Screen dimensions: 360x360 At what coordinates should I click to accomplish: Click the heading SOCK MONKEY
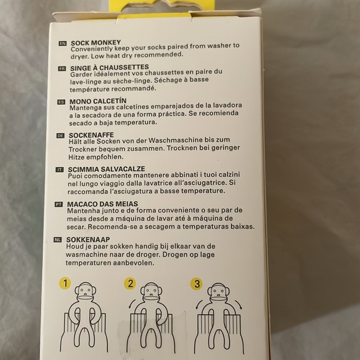pyautogui.click(x=96, y=43)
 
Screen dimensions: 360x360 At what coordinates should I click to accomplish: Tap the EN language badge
pyautogui.click(x=63, y=43)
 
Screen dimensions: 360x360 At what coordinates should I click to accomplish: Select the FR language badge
pyautogui.click(x=62, y=68)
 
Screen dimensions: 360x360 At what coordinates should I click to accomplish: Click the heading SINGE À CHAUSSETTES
pyautogui.click(x=109, y=68)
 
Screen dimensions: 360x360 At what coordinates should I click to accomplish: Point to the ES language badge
pyautogui.click(x=61, y=102)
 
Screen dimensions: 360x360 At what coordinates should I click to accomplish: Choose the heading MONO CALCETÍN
pyautogui.click(x=98, y=101)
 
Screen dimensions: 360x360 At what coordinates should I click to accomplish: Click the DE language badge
pyautogui.click(x=60, y=136)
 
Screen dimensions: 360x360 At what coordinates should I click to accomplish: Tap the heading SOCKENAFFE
pyautogui.click(x=91, y=135)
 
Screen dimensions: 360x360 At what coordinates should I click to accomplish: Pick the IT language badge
pyautogui.click(x=60, y=169)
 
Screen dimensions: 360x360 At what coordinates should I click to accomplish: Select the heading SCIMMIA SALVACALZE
pyautogui.click(x=106, y=169)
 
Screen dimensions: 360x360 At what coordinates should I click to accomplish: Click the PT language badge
pyautogui.click(x=58, y=204)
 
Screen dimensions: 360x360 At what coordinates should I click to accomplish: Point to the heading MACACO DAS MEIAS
pyautogui.click(x=102, y=204)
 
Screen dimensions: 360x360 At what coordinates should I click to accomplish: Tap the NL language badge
pyautogui.click(x=58, y=240)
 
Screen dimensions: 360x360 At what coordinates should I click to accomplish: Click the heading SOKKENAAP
pyautogui.click(x=88, y=240)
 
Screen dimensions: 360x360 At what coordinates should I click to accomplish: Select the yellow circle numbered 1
pyautogui.click(x=65, y=283)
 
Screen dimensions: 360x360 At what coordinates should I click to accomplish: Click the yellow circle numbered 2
pyautogui.click(x=130, y=284)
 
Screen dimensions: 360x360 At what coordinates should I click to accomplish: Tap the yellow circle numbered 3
pyautogui.click(x=197, y=284)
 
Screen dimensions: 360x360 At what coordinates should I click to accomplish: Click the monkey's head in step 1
pyautogui.click(x=86, y=292)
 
